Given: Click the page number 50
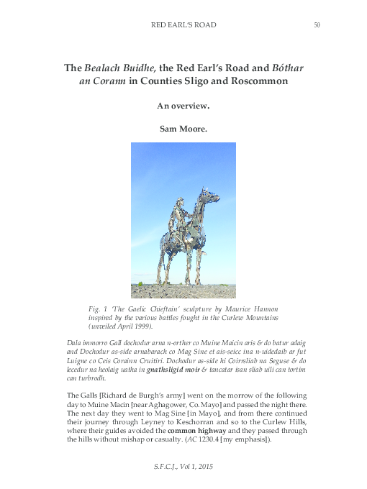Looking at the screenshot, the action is coord(317,25).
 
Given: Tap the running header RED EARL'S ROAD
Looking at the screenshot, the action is coord(183,25).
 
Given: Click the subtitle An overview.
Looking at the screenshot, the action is coord(183,106).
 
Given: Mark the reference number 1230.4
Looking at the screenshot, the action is coord(210,439).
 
